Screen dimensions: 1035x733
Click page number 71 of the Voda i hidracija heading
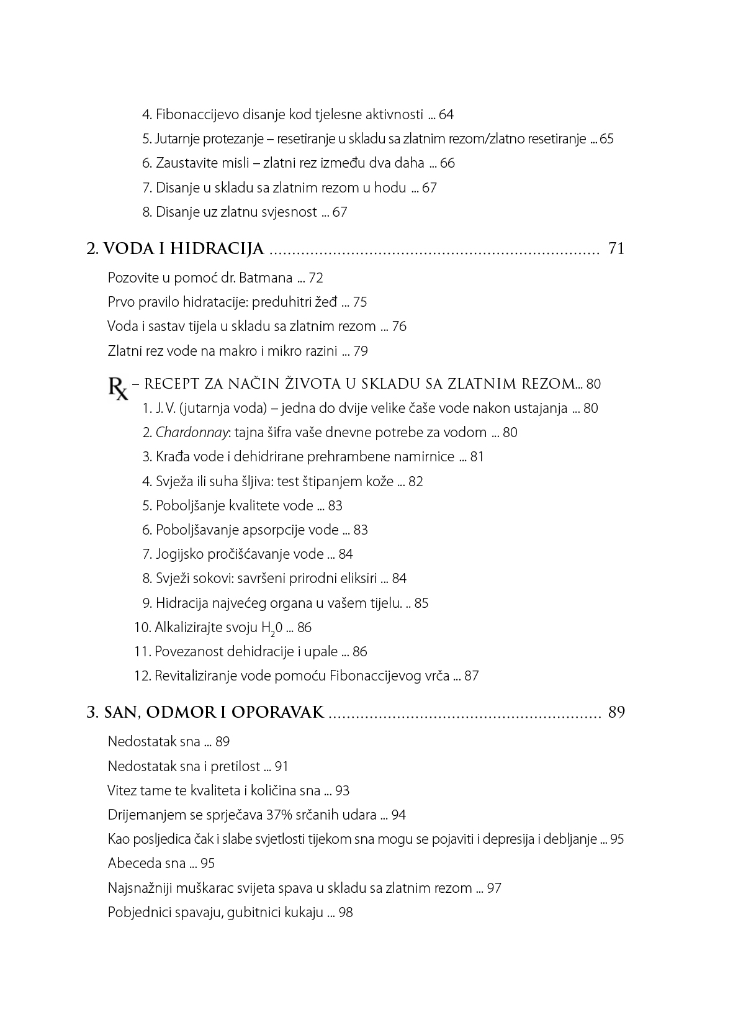pos(616,249)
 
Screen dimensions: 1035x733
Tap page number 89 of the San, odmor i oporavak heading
pos(616,712)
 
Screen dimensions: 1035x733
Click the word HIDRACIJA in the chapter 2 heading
pos(217,250)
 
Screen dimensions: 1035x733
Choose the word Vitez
pos(122,791)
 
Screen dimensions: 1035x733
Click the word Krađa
pos(172,457)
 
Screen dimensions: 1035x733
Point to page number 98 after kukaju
pos(346,913)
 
